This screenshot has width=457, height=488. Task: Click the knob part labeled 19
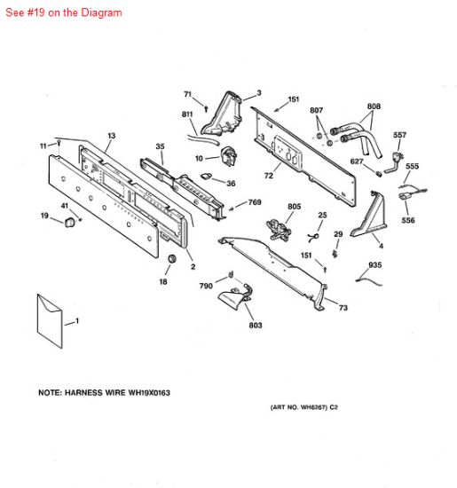pyautogui.click(x=70, y=223)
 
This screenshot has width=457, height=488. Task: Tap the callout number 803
pyautogui.click(x=256, y=326)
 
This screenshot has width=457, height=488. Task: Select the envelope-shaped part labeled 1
pyautogui.click(x=50, y=321)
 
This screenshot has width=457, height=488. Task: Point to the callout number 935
pyautogui.click(x=374, y=265)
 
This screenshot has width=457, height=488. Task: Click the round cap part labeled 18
pyautogui.click(x=171, y=258)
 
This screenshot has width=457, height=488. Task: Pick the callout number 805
pyautogui.click(x=295, y=207)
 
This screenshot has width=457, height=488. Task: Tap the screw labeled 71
pyautogui.click(x=206, y=108)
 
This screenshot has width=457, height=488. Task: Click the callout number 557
pyautogui.click(x=399, y=135)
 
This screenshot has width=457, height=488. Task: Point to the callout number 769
pyautogui.click(x=255, y=202)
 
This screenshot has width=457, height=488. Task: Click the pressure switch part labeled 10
pyautogui.click(x=229, y=156)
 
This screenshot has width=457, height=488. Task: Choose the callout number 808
pyautogui.click(x=374, y=106)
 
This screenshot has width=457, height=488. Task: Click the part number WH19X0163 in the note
pyautogui.click(x=149, y=393)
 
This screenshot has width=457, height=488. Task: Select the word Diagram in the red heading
pyautogui.click(x=101, y=12)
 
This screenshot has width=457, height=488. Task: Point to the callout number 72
pyautogui.click(x=268, y=176)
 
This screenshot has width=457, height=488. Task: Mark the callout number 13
pyautogui.click(x=112, y=136)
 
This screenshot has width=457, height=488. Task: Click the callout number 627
pyautogui.click(x=357, y=161)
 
